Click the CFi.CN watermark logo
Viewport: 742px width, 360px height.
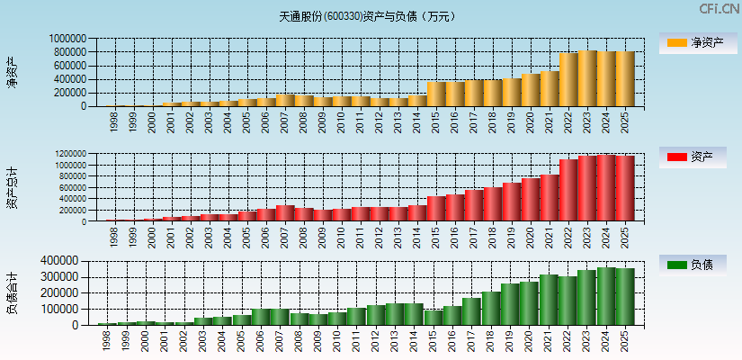click(x=720, y=9)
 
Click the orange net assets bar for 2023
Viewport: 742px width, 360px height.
click(x=587, y=78)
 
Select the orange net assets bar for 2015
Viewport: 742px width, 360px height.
click(x=436, y=94)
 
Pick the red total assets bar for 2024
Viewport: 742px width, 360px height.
click(x=606, y=188)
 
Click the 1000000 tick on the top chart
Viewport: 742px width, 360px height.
click(x=68, y=40)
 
